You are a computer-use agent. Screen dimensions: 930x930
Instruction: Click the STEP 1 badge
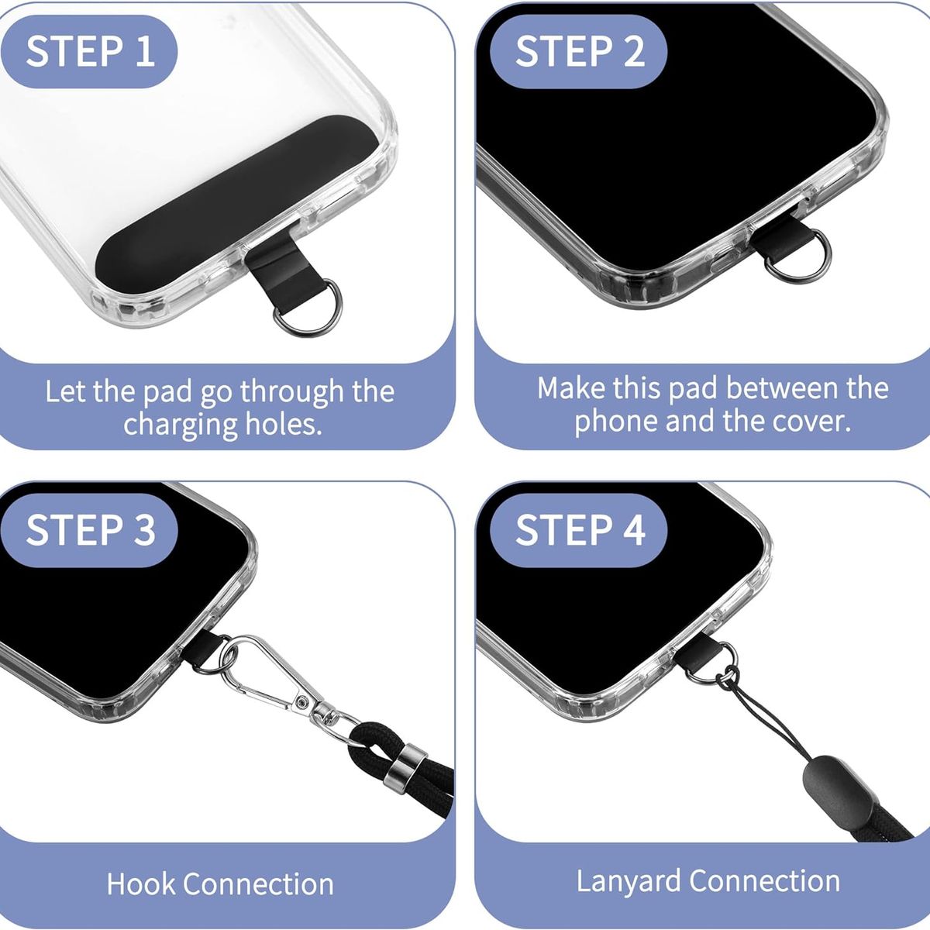[90, 50]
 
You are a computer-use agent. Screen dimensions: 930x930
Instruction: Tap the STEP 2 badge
[580, 50]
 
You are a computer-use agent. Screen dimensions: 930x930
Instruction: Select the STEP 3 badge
[90, 530]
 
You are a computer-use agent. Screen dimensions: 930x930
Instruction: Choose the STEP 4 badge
[580, 530]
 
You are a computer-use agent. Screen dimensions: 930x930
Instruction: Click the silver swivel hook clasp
[267, 676]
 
